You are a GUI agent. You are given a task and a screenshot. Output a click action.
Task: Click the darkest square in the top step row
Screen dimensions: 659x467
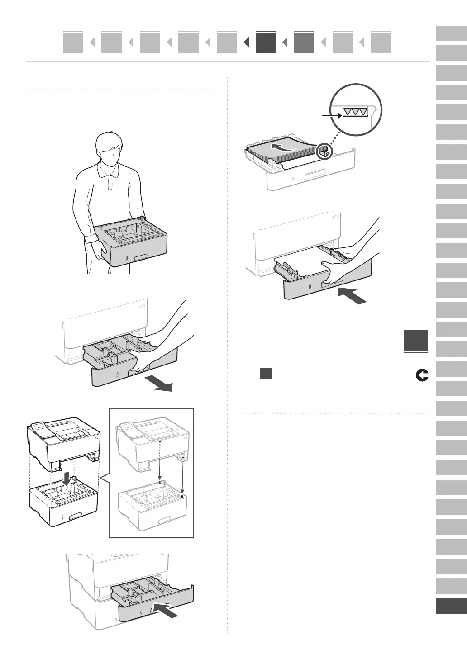click(x=265, y=42)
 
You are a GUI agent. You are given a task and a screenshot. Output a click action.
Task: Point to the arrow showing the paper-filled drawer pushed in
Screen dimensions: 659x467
click(x=352, y=296)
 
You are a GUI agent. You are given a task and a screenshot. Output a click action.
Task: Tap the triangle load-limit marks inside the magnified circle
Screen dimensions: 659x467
click(x=354, y=112)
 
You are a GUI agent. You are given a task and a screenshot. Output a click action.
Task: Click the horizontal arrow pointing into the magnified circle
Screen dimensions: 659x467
click(x=332, y=116)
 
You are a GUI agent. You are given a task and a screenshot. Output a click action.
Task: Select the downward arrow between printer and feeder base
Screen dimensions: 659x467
click(x=67, y=478)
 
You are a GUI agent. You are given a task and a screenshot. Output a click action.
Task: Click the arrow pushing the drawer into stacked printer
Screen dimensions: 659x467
click(x=167, y=609)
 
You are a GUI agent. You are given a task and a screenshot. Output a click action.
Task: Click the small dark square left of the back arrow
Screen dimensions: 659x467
click(x=266, y=374)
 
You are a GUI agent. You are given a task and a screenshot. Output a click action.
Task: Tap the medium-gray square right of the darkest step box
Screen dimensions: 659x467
click(x=304, y=42)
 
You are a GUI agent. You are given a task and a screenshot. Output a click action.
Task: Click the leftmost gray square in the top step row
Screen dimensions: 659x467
click(x=73, y=42)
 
